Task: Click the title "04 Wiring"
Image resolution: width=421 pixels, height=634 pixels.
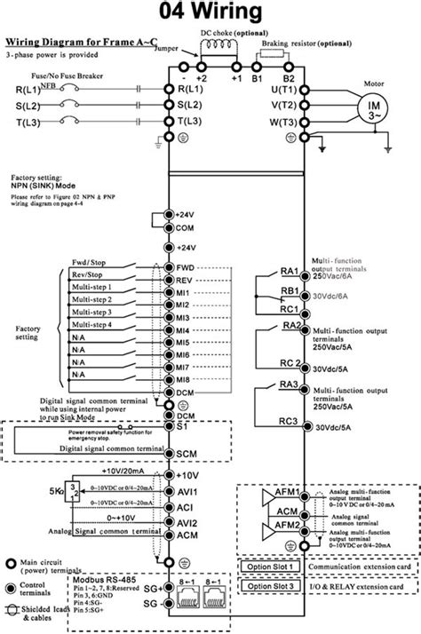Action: (x=210, y=12)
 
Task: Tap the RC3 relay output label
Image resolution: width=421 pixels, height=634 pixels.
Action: (x=289, y=422)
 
